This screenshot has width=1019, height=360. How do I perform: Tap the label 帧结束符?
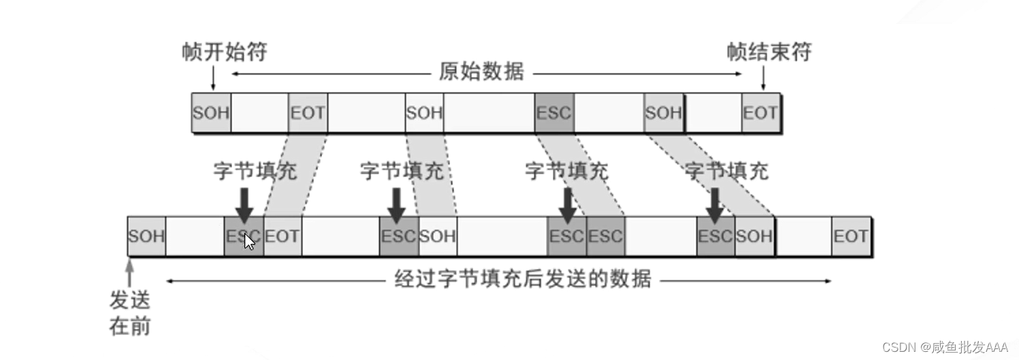[769, 52]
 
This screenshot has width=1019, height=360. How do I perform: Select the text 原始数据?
[482, 72]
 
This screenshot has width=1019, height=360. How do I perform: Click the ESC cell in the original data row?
[554, 113]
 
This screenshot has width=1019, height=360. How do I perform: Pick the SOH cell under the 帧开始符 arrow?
[211, 113]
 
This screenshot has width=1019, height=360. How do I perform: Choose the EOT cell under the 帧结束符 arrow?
[760, 113]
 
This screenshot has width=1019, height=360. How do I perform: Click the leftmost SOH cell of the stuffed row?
[146, 237]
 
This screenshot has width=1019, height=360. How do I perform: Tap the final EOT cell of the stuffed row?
[851, 237]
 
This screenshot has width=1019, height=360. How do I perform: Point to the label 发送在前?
[129, 313]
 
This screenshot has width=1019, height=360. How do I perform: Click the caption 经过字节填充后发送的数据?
[523, 279]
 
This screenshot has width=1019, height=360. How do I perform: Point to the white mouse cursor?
[249, 242]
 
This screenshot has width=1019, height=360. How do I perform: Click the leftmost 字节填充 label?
[255, 171]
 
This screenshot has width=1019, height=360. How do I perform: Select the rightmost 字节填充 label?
[727, 171]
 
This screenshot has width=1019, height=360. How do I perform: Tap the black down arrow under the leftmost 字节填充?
[245, 202]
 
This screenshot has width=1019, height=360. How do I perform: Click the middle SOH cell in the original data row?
[424, 113]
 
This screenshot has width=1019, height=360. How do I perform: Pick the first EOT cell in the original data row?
[308, 113]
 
